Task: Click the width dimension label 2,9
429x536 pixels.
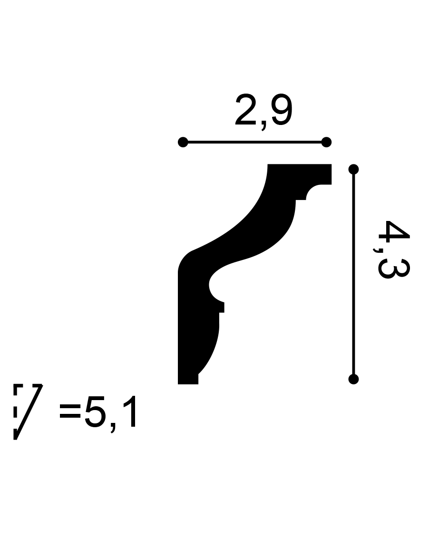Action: (263, 112)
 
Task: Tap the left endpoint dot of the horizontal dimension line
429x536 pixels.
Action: (183, 142)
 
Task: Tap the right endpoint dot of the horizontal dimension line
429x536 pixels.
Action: (326, 142)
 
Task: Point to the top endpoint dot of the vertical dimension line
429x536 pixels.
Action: (353, 169)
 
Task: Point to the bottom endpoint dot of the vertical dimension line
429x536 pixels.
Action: (353, 379)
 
